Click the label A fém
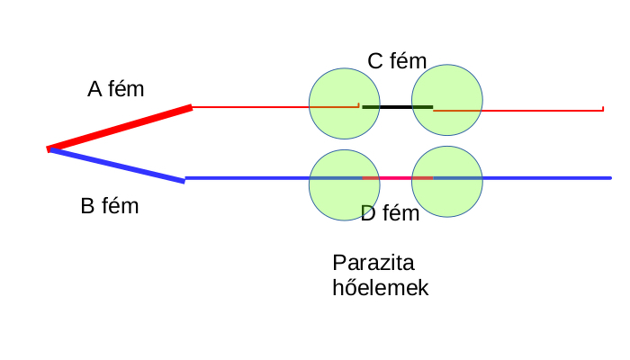point(115,89)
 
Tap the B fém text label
point(110,206)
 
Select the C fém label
point(397,60)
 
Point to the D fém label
point(390,213)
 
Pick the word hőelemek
point(381,288)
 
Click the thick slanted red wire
point(120,128)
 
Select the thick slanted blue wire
point(117,166)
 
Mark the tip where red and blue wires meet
point(49,148)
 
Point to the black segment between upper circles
point(397,107)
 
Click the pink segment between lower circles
point(397,178)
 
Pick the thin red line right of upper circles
point(540,111)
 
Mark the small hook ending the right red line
point(602,109)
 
